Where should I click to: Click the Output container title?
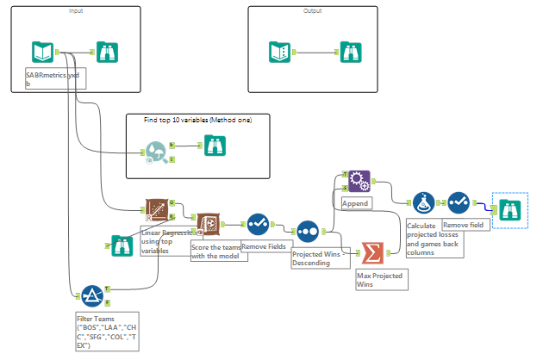312,10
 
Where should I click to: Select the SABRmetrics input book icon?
42,53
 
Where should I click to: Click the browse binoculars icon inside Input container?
109,53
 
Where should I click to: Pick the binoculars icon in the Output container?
349,53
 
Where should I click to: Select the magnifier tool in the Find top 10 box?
156,152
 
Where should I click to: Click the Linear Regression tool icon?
156,211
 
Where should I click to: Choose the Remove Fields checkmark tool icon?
258,225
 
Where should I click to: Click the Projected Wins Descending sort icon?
308,232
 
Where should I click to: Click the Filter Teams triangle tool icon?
91,296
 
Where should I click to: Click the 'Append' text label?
356,204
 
